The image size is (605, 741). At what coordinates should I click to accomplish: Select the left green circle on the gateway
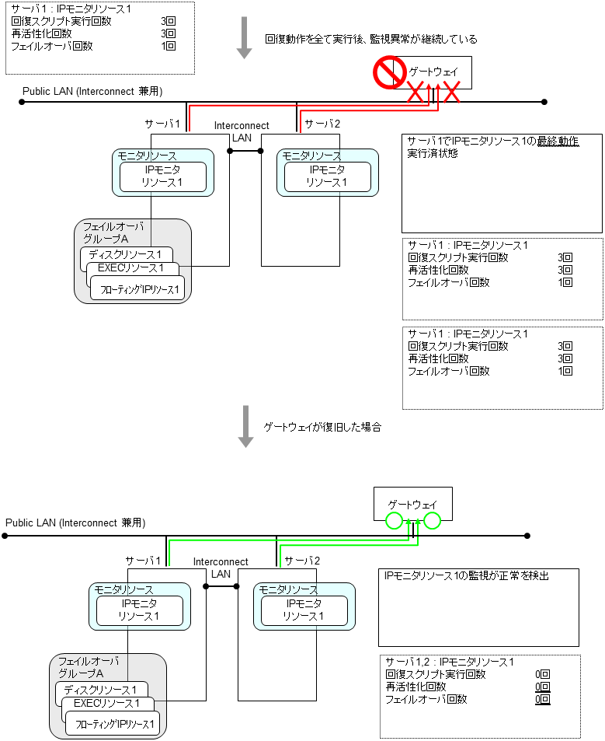coord(395,521)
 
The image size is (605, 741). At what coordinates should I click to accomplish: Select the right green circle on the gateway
coord(432,521)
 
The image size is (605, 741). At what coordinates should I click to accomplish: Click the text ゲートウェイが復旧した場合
coord(323,428)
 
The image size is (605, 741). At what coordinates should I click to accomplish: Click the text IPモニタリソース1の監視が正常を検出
coord(467,576)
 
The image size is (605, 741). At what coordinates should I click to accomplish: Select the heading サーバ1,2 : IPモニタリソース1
coord(450,662)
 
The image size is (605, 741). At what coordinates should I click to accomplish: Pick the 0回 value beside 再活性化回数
coord(542,687)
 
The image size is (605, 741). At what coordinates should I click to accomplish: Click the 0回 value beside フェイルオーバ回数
coord(542,699)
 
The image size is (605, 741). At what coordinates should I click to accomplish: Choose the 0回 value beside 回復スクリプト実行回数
coord(542,674)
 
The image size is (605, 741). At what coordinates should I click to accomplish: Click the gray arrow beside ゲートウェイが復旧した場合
coord(246,426)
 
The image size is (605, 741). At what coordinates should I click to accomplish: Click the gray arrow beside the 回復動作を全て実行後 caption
coord(245,39)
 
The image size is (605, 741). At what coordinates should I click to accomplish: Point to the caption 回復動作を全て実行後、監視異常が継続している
coord(371,39)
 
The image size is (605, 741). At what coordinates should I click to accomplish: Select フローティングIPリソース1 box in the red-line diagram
coord(137,291)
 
